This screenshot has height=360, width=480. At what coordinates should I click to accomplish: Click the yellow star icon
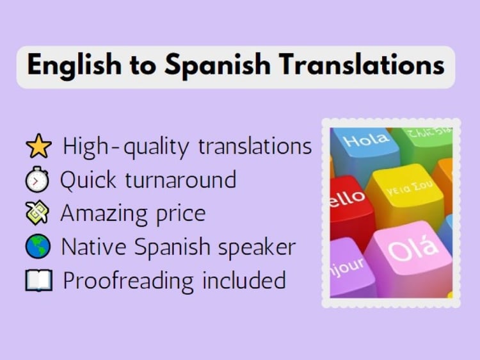38,146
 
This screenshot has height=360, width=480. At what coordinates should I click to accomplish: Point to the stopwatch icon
37,179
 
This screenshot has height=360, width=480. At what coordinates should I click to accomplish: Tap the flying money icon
37,213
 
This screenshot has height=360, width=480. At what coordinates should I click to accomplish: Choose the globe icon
38,246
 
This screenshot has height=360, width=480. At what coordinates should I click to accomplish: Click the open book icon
39,280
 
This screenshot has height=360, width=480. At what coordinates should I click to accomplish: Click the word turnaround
180,179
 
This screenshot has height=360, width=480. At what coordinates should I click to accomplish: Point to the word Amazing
104,214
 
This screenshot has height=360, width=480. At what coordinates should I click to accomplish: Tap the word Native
93,247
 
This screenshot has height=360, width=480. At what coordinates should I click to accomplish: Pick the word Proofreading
128,281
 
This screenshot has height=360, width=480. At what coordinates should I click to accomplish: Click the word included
244,279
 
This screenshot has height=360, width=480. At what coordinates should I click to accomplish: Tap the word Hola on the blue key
366,140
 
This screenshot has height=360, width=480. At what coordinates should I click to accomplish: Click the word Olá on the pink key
412,248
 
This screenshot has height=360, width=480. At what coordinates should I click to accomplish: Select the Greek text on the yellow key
410,187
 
